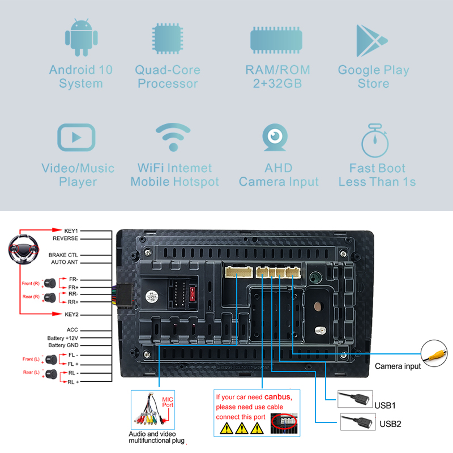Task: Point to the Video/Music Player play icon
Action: pyautogui.click(x=76, y=138)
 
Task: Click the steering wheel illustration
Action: pyautogui.click(x=24, y=251)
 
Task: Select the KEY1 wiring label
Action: pyautogui.click(x=71, y=231)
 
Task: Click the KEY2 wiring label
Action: pyautogui.click(x=71, y=314)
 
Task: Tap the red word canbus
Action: pyautogui.click(x=277, y=398)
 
